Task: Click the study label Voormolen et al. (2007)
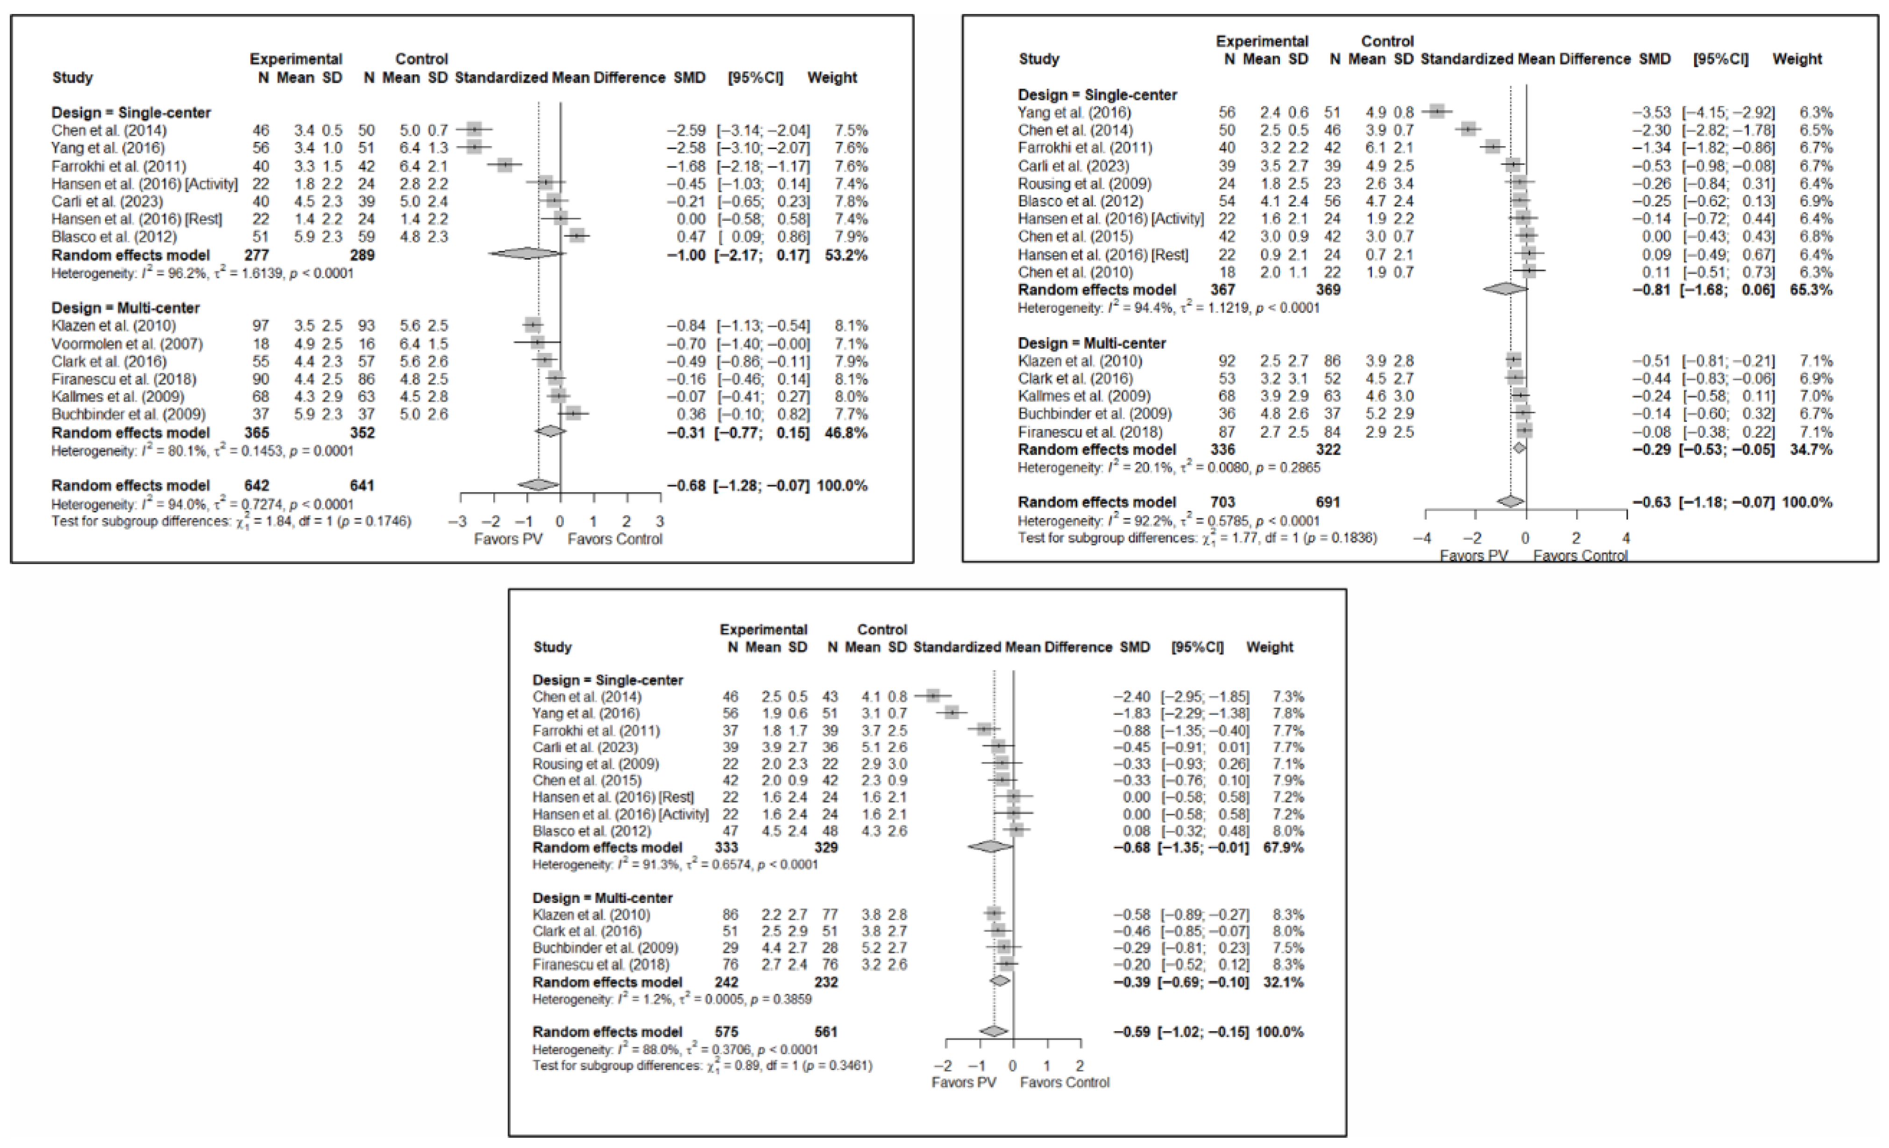pos(127,343)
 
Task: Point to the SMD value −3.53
pos(1651,113)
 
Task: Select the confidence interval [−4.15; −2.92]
pos(1728,113)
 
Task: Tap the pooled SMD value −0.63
pos(1651,503)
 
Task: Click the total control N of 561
pos(826,1031)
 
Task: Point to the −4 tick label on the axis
pos(1421,538)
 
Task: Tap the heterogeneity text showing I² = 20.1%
pos(1169,467)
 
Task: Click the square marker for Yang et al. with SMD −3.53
pos(1437,112)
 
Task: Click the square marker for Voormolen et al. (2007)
pos(538,343)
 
